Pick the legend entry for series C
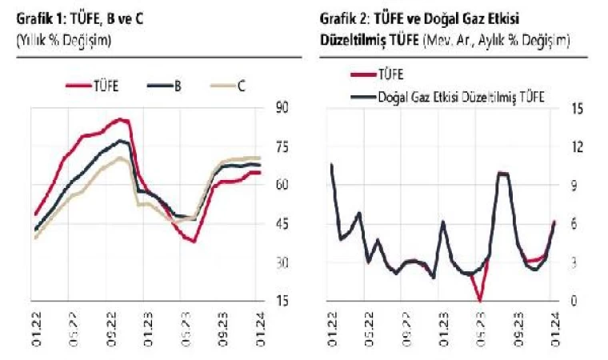pyautogui.click(x=227, y=86)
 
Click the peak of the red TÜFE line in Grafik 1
pyautogui.click(x=121, y=119)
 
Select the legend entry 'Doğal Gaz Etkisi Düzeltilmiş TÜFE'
pyautogui.click(x=449, y=96)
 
